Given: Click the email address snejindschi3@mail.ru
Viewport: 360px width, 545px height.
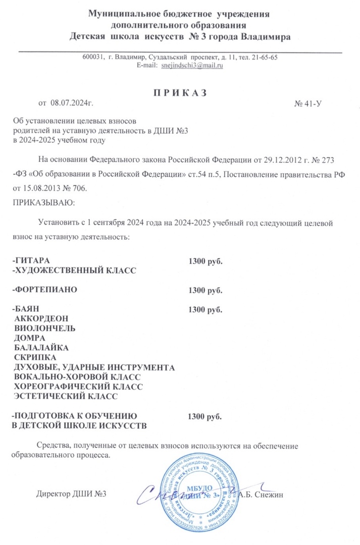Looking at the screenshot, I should pos(192,66).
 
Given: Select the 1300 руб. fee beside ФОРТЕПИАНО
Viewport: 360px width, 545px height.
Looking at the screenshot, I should pos(205,291).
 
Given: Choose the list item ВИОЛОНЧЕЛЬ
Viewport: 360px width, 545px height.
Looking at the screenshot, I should pos(45,329).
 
